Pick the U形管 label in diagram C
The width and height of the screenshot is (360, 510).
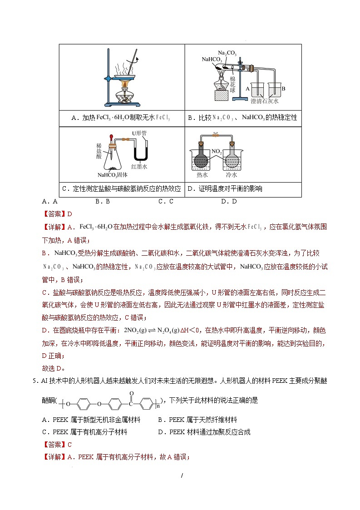click(x=139, y=133)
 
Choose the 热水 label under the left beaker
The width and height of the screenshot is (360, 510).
click(x=202, y=175)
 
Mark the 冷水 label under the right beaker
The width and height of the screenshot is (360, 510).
click(x=232, y=175)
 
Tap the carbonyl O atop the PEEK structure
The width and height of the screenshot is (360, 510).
click(x=131, y=393)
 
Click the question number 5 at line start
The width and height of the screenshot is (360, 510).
click(x=35, y=381)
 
